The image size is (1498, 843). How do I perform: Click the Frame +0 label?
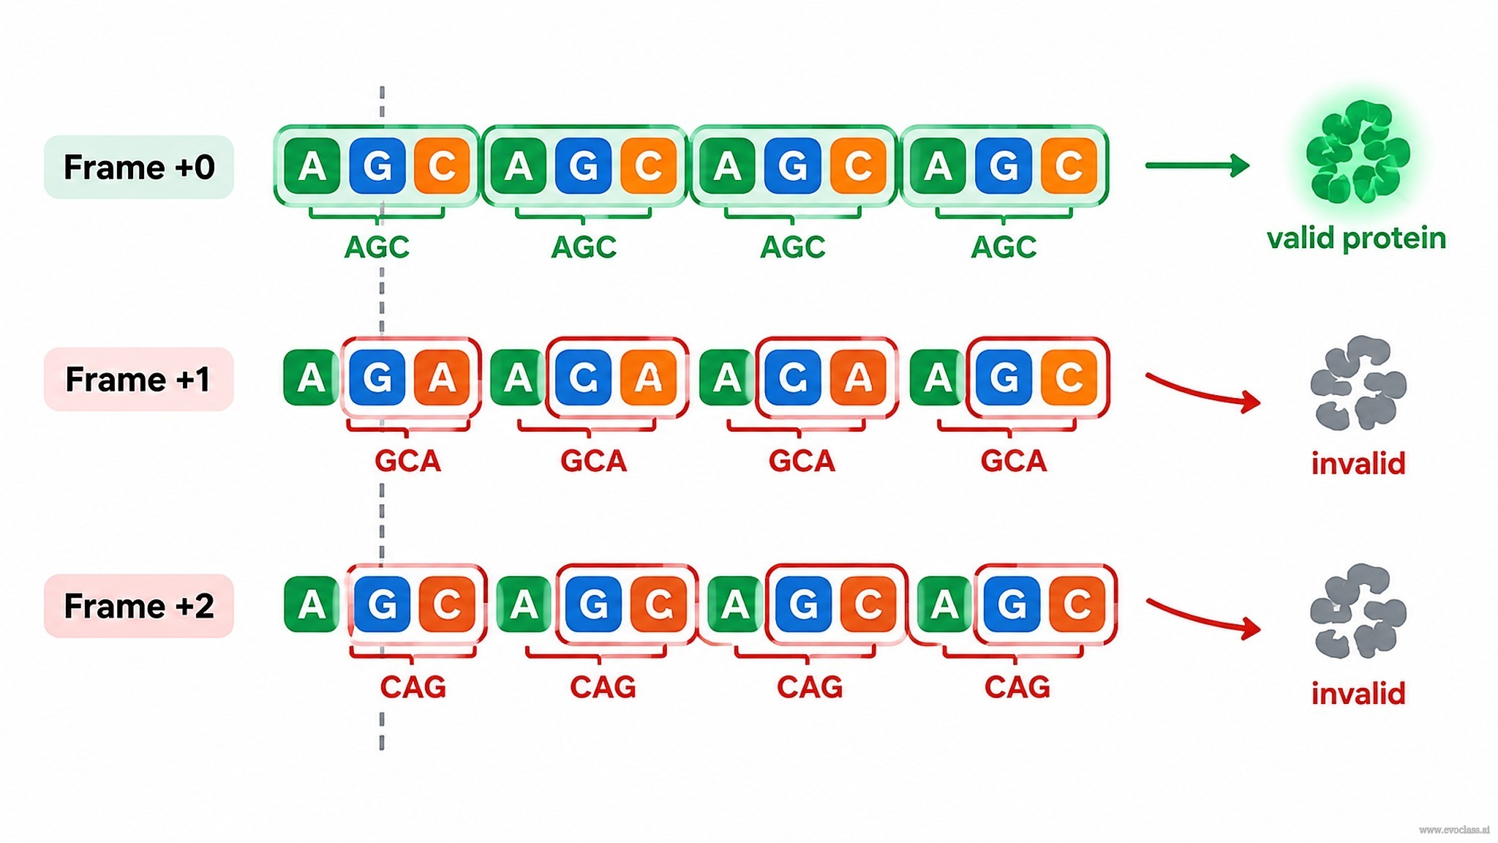pyautogui.click(x=139, y=167)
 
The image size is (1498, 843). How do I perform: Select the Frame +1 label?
pyautogui.click(x=139, y=379)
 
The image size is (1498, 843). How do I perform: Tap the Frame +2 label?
pyautogui.click(x=139, y=606)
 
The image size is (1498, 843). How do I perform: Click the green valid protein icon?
pyautogui.click(x=1358, y=152)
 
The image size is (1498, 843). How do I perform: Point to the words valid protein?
pyautogui.click(x=1357, y=239)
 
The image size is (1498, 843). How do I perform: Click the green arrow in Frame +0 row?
pyautogui.click(x=1197, y=165)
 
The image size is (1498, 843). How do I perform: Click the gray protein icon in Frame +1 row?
pyautogui.click(x=1358, y=383)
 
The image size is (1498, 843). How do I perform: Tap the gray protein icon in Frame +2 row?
pyautogui.click(x=1358, y=611)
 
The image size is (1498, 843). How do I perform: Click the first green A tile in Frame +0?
pyautogui.click(x=312, y=166)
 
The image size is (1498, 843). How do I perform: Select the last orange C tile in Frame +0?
pyautogui.click(x=1069, y=166)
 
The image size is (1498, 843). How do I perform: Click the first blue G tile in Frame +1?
pyautogui.click(x=377, y=378)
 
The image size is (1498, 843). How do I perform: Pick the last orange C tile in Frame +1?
pyautogui.click(x=1069, y=378)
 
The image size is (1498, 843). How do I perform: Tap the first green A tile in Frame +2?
pyautogui.click(x=312, y=604)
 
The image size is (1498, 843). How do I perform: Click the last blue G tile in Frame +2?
pyautogui.click(x=1012, y=604)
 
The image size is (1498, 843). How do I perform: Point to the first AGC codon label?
pyautogui.click(x=377, y=247)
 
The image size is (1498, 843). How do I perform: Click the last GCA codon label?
pyautogui.click(x=1014, y=461)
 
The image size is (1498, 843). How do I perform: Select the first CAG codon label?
pyautogui.click(x=413, y=687)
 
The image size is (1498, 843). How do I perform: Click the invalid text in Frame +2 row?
pyautogui.click(x=1358, y=693)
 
